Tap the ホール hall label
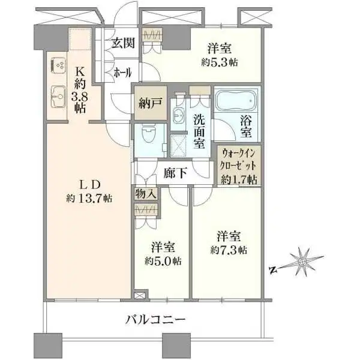point(123,73)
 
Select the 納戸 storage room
point(148,104)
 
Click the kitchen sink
point(58,95)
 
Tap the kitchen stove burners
point(58,64)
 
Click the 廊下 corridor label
point(175,173)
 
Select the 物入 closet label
point(146,194)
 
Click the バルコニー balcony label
point(156,320)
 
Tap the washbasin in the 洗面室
point(179,115)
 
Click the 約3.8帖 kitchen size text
point(80,98)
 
